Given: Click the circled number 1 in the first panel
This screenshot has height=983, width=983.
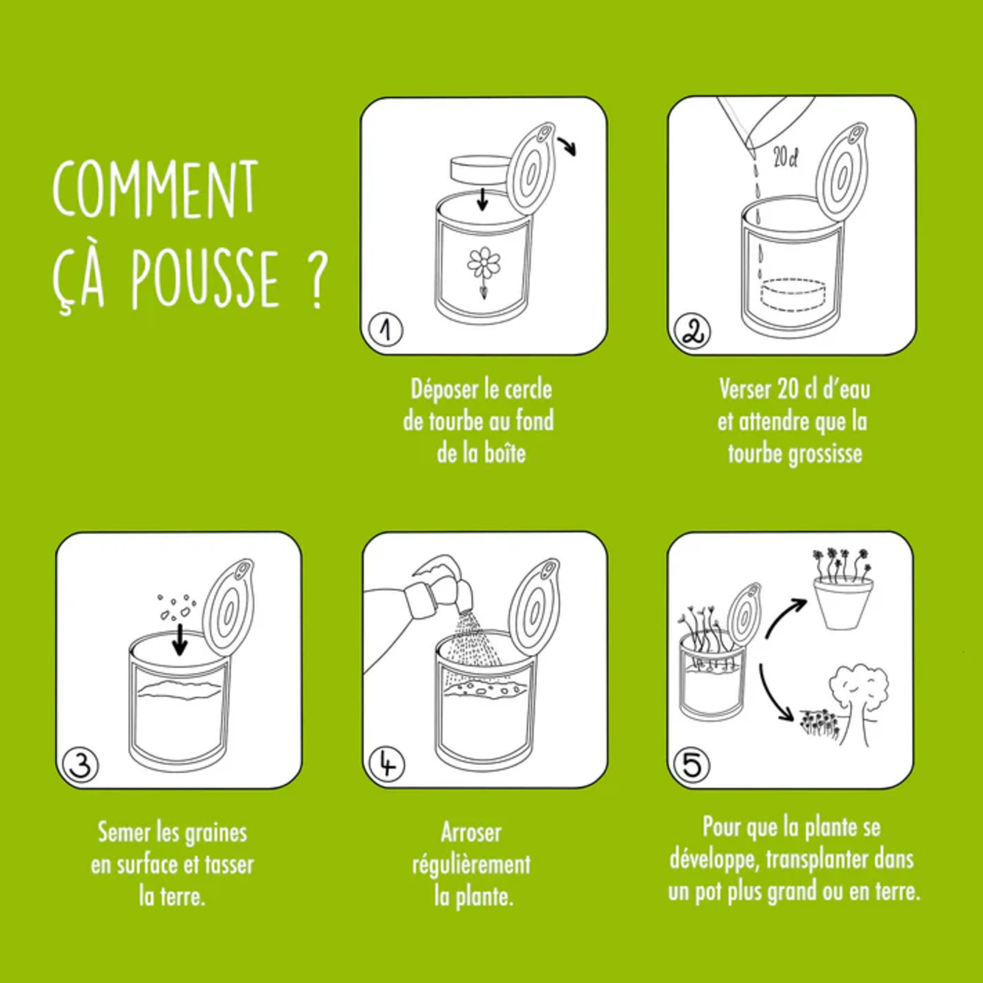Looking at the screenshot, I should tap(386, 330).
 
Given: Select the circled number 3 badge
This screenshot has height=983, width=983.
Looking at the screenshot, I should tap(81, 765).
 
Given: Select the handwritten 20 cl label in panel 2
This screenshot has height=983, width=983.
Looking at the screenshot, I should tap(785, 157).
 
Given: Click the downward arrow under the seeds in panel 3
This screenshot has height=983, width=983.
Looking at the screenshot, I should tap(180, 640).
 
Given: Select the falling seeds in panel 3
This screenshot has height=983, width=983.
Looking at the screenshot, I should tap(176, 606).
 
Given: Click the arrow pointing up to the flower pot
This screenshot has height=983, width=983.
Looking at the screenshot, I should tap(784, 619).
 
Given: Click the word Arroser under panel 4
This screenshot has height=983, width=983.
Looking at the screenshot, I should tap(471, 832).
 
